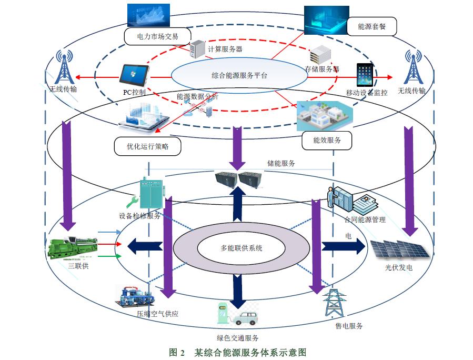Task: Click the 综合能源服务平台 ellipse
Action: (x=239, y=75)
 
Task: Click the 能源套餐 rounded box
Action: (x=371, y=26)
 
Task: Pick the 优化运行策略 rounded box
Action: (x=147, y=146)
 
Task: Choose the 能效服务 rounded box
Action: (x=327, y=140)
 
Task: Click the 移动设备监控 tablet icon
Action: (x=365, y=75)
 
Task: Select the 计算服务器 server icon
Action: (x=196, y=49)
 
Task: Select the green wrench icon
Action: (x=132, y=202)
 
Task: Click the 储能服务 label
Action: (x=281, y=163)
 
